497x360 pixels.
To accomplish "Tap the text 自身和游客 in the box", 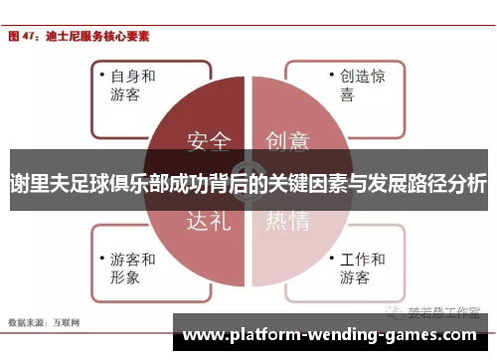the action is pos(132,87).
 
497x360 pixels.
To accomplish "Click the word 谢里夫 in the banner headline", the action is pos(36,184).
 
